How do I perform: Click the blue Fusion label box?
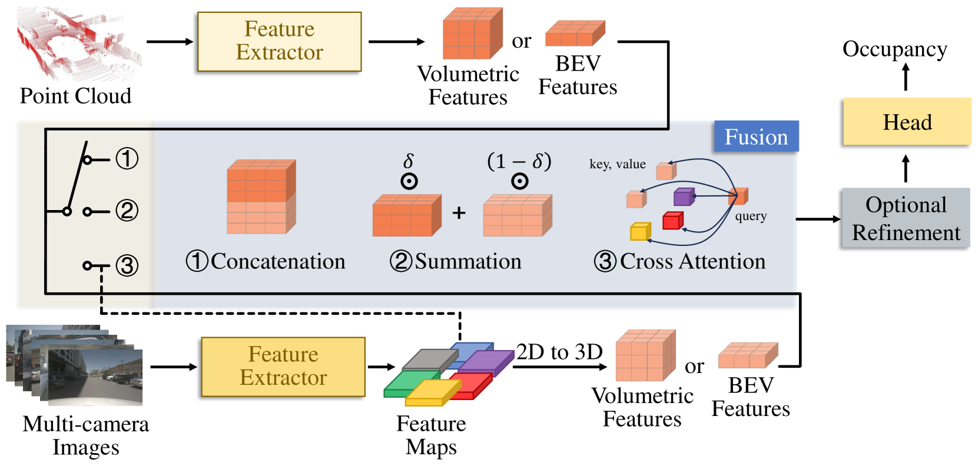click(756, 136)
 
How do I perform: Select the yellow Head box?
click(907, 122)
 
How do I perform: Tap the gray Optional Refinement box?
click(906, 218)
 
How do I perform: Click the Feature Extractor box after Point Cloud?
click(280, 41)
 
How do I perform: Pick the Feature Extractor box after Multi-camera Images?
click(283, 367)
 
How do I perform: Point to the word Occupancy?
click(894, 50)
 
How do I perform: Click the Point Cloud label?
click(75, 95)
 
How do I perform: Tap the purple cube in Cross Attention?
click(684, 197)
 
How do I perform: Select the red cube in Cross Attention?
click(673, 220)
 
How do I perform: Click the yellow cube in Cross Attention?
click(641, 231)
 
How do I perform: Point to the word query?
click(751, 217)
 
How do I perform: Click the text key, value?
click(618, 164)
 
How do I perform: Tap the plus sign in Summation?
click(459, 213)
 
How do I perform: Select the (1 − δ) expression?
click(519, 161)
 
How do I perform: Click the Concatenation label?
click(266, 261)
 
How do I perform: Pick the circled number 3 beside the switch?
click(127, 265)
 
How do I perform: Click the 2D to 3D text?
click(559, 352)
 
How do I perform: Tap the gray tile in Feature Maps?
click(430, 360)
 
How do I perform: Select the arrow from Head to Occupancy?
click(906, 77)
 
